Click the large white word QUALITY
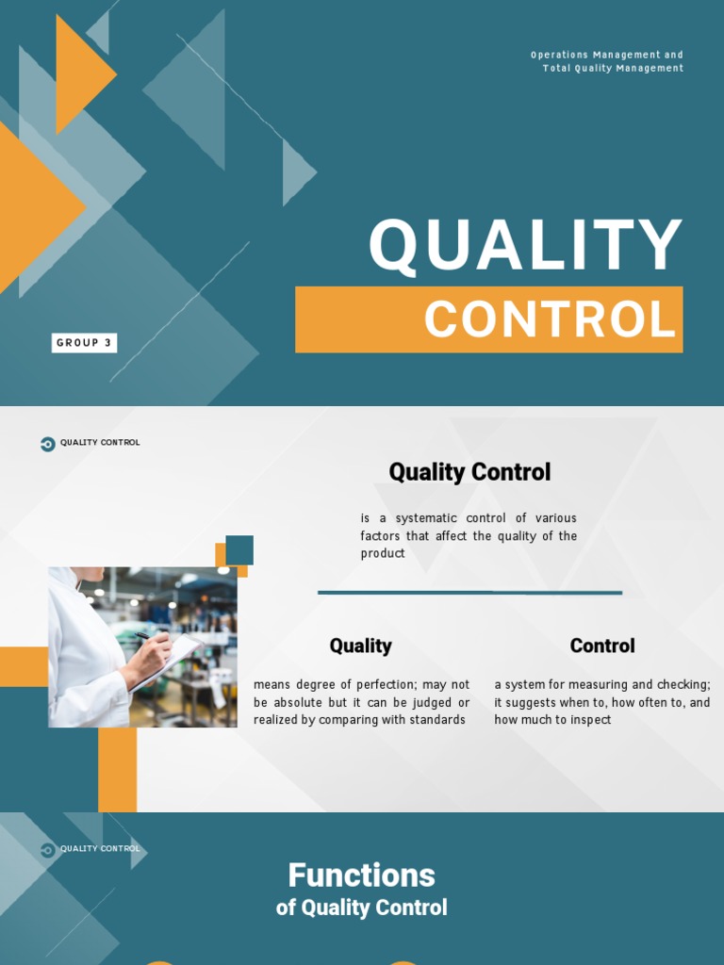coord(525,246)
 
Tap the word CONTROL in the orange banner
coord(551,319)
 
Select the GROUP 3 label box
coord(84,343)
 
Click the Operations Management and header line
coord(606,55)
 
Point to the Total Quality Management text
coord(613,68)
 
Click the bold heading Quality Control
coord(469,472)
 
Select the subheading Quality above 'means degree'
coord(360,646)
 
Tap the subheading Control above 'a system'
coord(601,646)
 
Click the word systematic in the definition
coord(424,518)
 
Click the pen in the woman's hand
coord(144,638)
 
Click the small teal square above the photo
coord(239,549)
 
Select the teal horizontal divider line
coord(469,593)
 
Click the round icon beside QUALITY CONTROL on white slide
coord(48,443)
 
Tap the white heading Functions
coord(361,875)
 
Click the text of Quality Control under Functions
coord(361,908)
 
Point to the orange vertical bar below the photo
coord(118,769)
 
